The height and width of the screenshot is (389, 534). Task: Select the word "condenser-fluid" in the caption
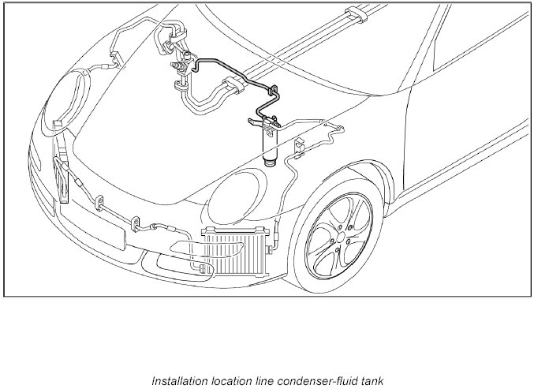pyautogui.click(x=305, y=379)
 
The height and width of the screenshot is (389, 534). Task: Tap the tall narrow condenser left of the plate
pyautogui.click(x=62, y=182)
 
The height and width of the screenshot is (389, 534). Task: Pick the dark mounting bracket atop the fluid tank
pyautogui.click(x=266, y=122)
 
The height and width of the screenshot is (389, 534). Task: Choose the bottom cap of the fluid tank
pyautogui.click(x=271, y=163)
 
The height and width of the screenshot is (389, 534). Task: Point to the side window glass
pyautogui.click(x=473, y=71)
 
